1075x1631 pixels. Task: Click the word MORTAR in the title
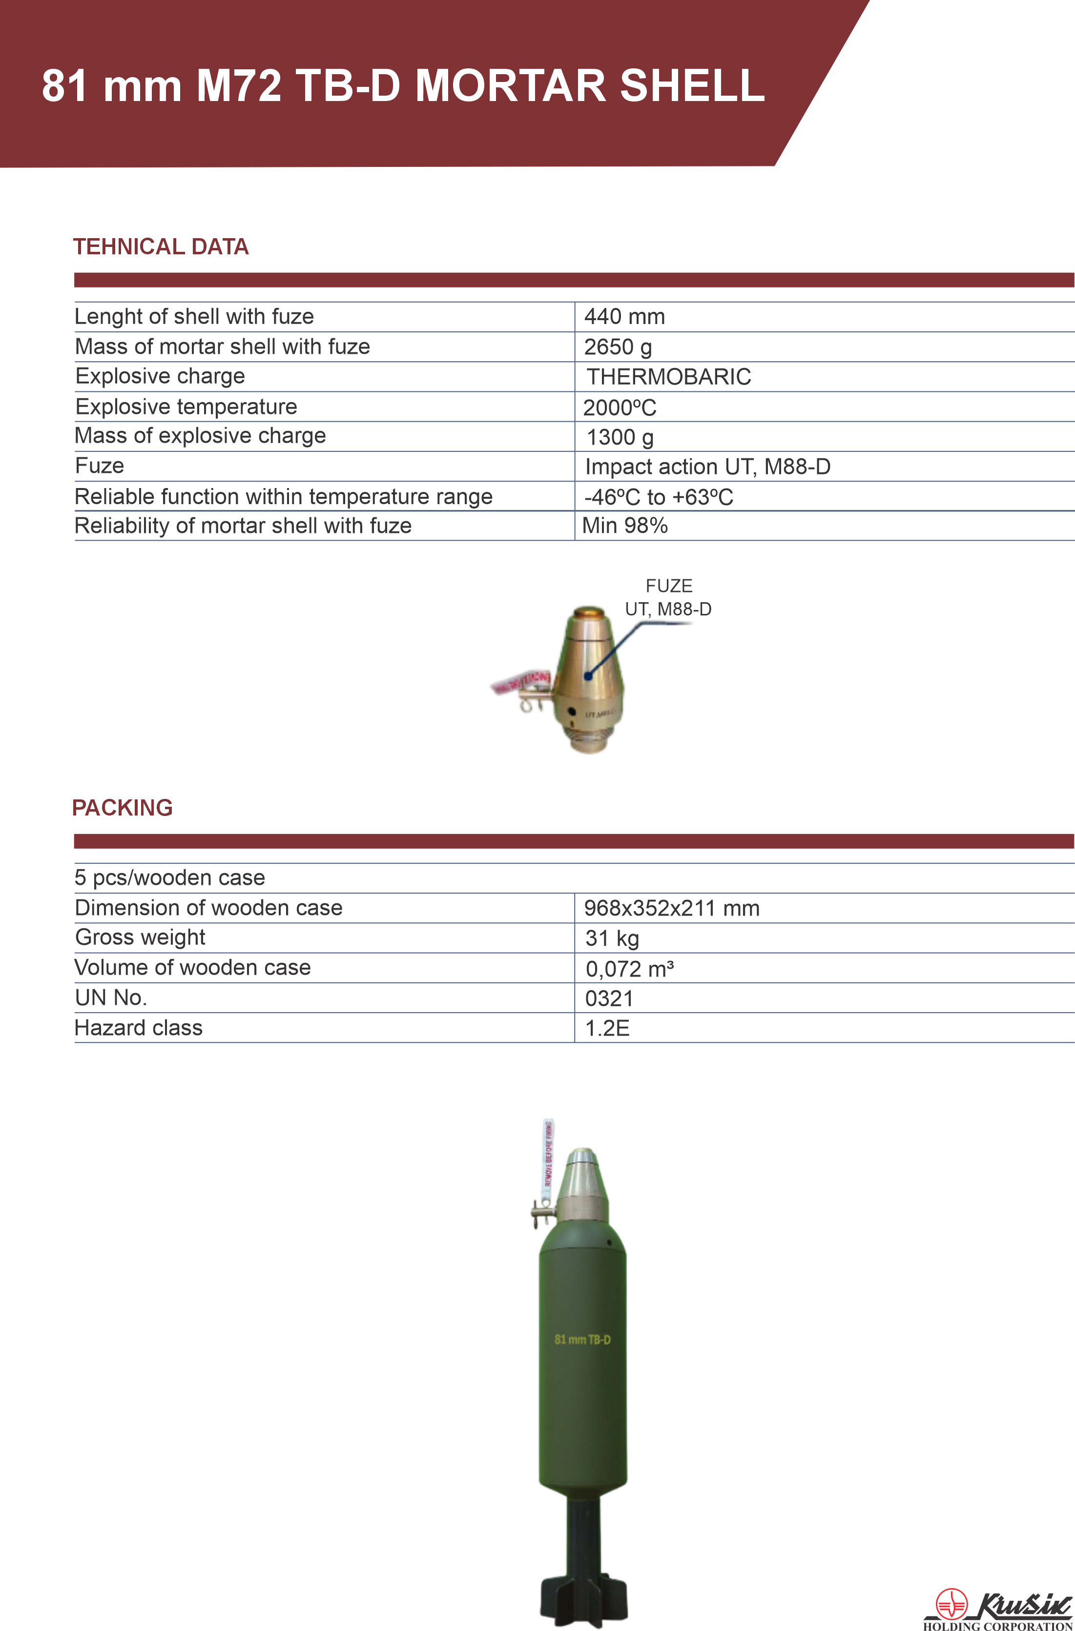click(511, 86)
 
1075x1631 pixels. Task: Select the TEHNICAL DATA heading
click(161, 247)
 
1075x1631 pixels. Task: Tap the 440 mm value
click(624, 317)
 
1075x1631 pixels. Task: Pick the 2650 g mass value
click(617, 347)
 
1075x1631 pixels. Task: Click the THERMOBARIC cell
click(668, 377)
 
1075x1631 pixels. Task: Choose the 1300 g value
click(620, 437)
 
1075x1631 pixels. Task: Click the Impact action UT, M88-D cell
click(707, 467)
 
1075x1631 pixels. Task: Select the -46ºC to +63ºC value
click(658, 497)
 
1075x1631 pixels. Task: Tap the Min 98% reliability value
click(624, 526)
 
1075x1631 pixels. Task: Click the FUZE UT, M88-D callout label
click(668, 597)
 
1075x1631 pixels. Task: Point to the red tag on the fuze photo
click(519, 682)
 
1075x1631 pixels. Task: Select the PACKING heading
click(123, 808)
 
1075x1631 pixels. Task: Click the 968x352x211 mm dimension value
click(671, 909)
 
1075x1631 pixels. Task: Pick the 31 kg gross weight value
click(612, 938)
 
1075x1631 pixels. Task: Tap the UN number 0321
click(609, 999)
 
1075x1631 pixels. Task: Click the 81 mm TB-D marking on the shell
click(582, 1339)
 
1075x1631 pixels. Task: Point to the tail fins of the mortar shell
click(583, 1597)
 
